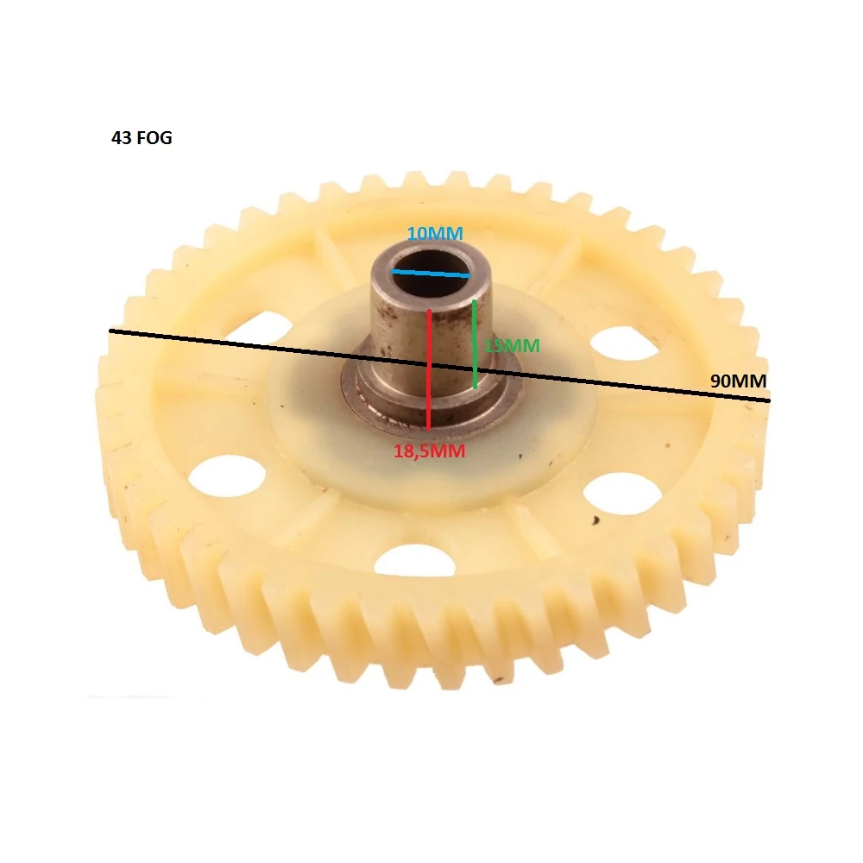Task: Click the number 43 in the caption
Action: point(121,137)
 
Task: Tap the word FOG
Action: point(154,137)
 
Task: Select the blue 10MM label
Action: point(435,233)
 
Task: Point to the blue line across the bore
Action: point(430,273)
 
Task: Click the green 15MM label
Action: point(512,346)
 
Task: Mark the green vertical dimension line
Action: point(475,344)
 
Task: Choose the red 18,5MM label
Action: point(429,451)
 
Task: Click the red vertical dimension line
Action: point(428,369)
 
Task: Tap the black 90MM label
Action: point(738,381)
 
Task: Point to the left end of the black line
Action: point(110,331)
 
